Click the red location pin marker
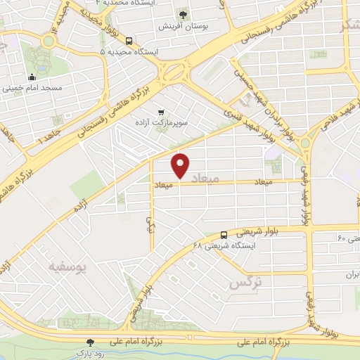(181, 165)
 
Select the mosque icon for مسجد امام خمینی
(32, 77)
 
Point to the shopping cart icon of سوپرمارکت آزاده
(162, 111)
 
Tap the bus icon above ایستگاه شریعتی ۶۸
(224, 235)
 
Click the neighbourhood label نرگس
(245, 283)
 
